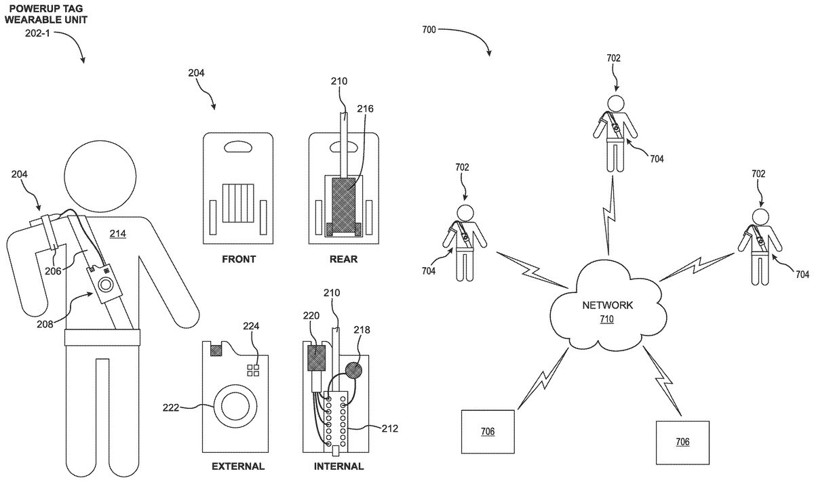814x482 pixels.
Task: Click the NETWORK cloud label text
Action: coord(607,306)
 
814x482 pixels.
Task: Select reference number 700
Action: coord(428,30)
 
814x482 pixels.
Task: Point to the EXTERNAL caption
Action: coord(238,466)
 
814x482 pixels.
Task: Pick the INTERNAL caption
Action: coord(338,466)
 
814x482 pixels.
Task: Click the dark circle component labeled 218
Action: coord(353,371)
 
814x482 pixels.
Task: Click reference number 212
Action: coord(390,428)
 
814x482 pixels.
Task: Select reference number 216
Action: coord(365,108)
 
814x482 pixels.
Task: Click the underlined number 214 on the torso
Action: coord(118,234)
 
